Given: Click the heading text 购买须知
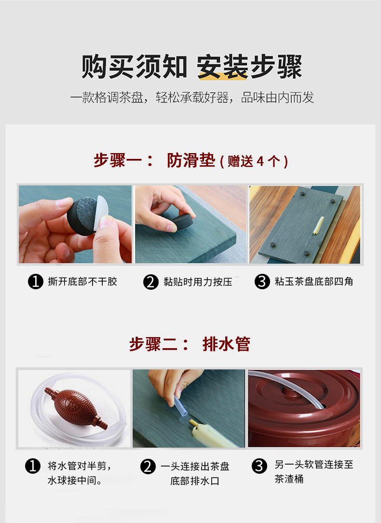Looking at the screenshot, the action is [x=134, y=67].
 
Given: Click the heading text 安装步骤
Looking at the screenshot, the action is [x=249, y=67].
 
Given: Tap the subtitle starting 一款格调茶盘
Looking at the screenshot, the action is [x=192, y=98].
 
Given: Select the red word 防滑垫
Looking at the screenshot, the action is [x=191, y=160].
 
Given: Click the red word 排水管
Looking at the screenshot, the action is [x=226, y=344].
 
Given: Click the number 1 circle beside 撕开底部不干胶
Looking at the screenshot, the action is [x=36, y=282].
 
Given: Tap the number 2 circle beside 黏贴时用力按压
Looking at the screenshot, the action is [x=151, y=282].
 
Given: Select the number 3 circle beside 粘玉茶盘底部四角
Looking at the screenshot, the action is [x=262, y=282].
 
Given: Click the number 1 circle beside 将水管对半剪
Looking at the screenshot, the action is [x=33, y=466].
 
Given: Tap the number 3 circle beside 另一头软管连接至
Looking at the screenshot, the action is [x=259, y=466].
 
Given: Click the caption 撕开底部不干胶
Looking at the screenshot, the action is [x=82, y=282].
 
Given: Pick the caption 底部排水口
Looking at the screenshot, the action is [x=195, y=481].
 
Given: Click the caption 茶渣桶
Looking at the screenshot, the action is [x=289, y=479].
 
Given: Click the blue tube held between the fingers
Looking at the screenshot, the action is [x=180, y=406].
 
